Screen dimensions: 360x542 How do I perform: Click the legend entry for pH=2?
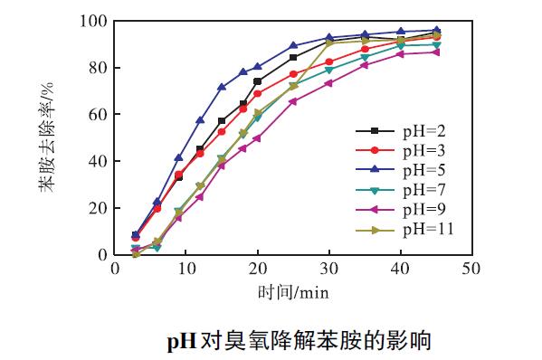coord(403,131)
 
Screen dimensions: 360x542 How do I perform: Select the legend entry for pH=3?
coord(403,150)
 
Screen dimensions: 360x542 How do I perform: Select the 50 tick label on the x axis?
coord(471,269)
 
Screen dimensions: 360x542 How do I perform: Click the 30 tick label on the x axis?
coord(328,269)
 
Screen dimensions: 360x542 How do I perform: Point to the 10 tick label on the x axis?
coord(185,269)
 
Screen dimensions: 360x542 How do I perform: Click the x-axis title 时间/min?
coord(291,292)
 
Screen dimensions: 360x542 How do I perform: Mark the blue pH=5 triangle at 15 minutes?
coord(222,88)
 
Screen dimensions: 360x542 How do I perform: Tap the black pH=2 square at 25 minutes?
coord(293,57)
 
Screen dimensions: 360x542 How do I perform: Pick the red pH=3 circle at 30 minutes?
coord(328,62)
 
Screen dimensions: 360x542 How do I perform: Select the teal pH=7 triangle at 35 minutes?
coord(365,57)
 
